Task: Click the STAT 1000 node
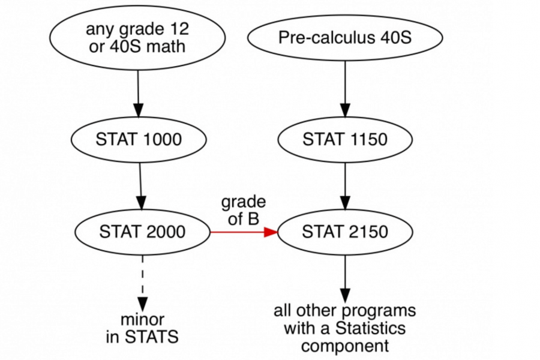point(138,140)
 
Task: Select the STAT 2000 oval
point(142,232)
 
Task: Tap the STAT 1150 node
point(345,140)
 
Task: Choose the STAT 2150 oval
point(345,232)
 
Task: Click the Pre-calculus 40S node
point(345,37)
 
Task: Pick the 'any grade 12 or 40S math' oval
point(138,37)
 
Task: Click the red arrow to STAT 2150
point(240,232)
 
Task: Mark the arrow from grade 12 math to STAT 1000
point(138,93)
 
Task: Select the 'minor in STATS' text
point(143,328)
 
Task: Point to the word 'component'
point(345,346)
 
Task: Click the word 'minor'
point(143,319)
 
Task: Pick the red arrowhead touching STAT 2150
point(272,232)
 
